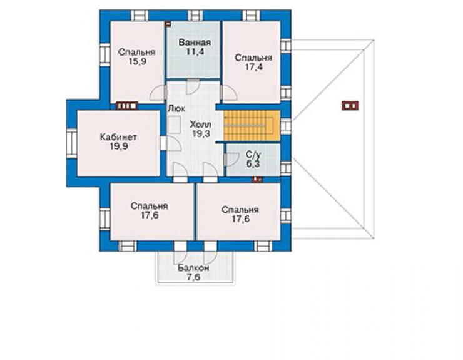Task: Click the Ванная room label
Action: coord(195,43)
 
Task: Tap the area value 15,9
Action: coord(137,61)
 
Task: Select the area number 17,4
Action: coord(253,67)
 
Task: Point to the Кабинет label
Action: coord(118,137)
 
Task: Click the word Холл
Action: coord(201,124)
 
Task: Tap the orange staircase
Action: coord(252,126)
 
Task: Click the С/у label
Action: coord(253,155)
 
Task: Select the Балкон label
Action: coord(193,268)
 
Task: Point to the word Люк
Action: coord(176,109)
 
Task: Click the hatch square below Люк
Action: coord(175,125)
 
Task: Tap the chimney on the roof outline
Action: coord(350,106)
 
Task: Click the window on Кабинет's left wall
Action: coord(72,143)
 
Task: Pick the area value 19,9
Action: coord(119,147)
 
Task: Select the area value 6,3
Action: coord(253,163)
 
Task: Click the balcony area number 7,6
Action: coord(193,277)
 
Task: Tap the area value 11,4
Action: coord(195,52)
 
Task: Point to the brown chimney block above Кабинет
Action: coord(127,106)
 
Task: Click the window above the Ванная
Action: coord(195,16)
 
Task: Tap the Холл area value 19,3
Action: coord(201,133)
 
